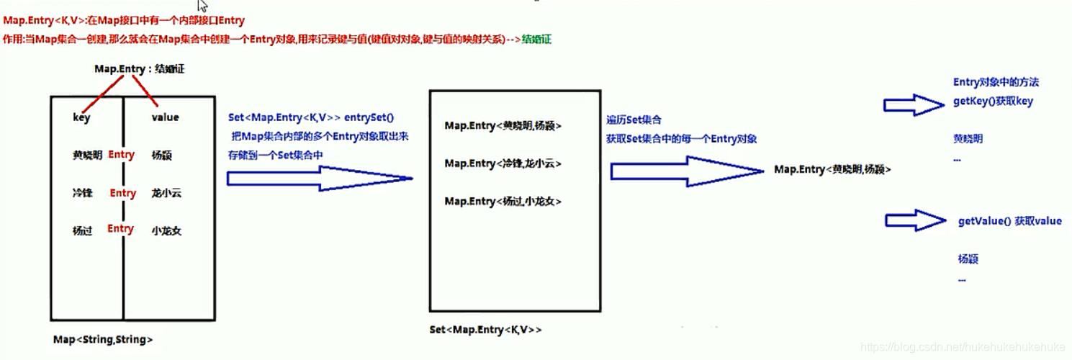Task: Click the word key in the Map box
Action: point(81,117)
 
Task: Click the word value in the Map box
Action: point(165,117)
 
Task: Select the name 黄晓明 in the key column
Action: point(87,155)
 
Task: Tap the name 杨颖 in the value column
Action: point(162,155)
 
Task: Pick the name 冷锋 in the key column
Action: point(82,193)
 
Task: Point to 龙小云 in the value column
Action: point(166,193)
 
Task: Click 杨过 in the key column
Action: point(82,231)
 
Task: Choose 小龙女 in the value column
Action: point(166,231)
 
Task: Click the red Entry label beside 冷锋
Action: point(122,193)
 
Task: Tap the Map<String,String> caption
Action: point(103,339)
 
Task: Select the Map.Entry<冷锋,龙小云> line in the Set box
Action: point(503,163)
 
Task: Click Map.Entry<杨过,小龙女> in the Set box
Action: point(503,202)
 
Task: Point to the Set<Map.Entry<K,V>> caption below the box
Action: point(485,330)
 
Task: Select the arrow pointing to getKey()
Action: point(913,105)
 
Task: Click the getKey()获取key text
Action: point(993,102)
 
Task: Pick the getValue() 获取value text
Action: point(1009,221)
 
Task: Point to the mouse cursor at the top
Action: point(203,6)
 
